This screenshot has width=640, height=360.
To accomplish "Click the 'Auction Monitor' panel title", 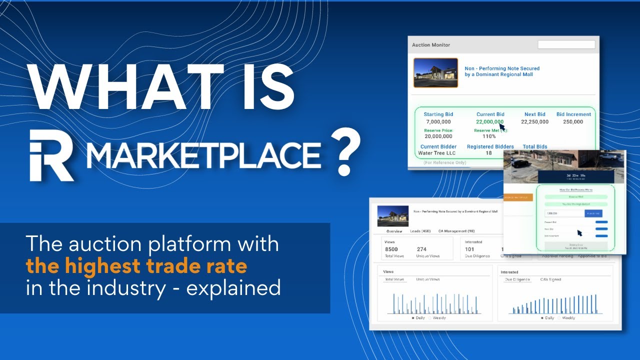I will click(x=431, y=45).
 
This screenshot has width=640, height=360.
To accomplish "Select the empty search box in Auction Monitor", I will click(x=566, y=44).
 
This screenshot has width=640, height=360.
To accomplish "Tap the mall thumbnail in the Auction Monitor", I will click(x=435, y=73).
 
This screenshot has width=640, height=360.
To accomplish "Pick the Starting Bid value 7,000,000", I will click(x=438, y=122).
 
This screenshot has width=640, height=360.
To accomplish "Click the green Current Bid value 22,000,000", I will click(x=490, y=122).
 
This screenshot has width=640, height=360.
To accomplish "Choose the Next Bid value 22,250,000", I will click(x=534, y=122).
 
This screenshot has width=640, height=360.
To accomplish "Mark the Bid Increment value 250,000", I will click(x=572, y=122).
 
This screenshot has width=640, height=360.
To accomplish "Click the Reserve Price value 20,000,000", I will click(x=438, y=136).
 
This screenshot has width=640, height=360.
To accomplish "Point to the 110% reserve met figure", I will click(x=489, y=136).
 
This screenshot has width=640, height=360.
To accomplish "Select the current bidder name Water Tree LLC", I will click(x=438, y=153).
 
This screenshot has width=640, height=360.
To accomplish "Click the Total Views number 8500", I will click(x=391, y=249).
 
